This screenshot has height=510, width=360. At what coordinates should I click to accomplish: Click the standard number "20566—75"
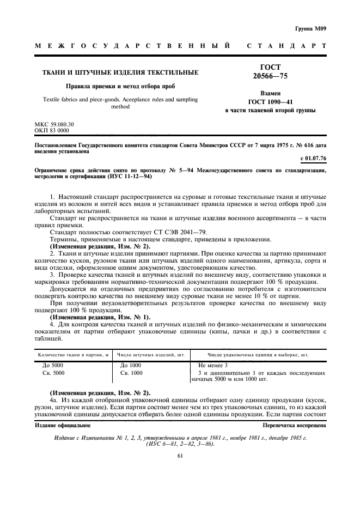[x=270, y=76]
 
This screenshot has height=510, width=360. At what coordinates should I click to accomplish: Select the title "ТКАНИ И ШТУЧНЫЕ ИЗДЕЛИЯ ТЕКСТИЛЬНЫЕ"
[x=120, y=72]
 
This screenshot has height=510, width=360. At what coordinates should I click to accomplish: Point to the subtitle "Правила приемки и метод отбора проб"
[x=120, y=86]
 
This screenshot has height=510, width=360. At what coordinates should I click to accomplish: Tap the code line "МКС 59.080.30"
[x=54, y=124]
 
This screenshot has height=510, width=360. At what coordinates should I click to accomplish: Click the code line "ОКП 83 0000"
[x=52, y=131]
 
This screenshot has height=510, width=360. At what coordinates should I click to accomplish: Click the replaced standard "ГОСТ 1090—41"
[x=270, y=102]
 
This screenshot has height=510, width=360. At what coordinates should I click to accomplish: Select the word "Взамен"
[x=270, y=93]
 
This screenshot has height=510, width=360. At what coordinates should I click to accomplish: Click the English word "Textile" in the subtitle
[x=52, y=100]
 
